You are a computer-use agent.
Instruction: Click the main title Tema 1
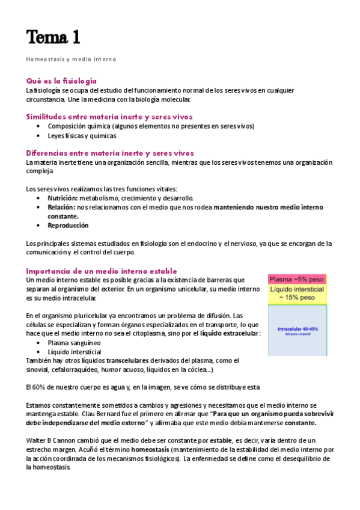53,37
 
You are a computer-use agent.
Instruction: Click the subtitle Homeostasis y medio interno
71,60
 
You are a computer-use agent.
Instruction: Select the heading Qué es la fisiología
61,81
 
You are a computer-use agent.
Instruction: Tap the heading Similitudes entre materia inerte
109,117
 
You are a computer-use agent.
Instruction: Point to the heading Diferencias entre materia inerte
109,153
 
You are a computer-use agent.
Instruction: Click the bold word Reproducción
68,225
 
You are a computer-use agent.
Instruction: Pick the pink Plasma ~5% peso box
297,280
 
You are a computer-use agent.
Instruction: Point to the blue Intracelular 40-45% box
297,331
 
